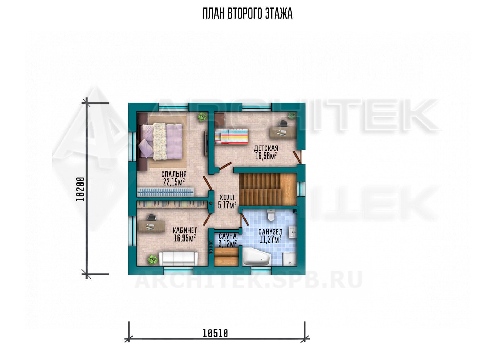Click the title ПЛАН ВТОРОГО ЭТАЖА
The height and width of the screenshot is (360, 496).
click(x=248, y=14)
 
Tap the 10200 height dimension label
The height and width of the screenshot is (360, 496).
click(x=80, y=189)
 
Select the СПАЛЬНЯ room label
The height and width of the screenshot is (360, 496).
click(x=174, y=174)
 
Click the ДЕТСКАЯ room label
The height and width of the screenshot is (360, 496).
click(x=266, y=148)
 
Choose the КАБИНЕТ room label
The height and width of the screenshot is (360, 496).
click(x=185, y=230)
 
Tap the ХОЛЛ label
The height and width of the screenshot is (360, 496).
click(x=227, y=197)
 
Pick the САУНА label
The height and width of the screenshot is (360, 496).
click(x=227, y=236)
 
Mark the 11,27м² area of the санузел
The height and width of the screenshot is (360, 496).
click(x=270, y=239)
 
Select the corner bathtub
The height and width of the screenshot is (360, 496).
click(x=256, y=257)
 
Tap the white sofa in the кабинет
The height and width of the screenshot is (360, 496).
click(x=178, y=258)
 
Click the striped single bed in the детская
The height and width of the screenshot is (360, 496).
click(x=231, y=136)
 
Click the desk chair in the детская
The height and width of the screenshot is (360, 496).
click(x=283, y=124)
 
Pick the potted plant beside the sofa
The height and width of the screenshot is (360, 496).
click(x=153, y=259)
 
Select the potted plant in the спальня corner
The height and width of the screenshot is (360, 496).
click(x=202, y=117)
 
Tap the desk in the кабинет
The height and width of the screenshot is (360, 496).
click(x=152, y=225)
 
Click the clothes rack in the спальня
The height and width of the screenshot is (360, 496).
click(x=166, y=192)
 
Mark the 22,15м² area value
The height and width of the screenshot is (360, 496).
click(x=174, y=182)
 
